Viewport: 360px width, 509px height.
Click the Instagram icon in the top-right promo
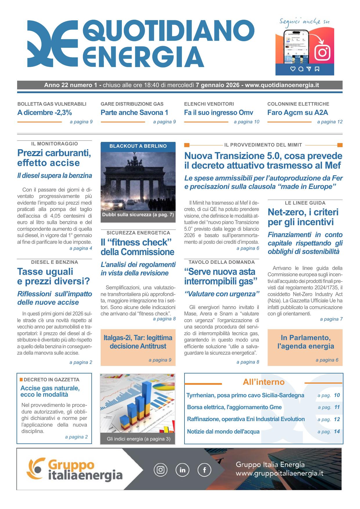coord(323,52)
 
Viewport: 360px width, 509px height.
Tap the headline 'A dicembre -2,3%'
coord(45,113)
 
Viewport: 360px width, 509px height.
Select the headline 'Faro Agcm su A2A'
coord(298,113)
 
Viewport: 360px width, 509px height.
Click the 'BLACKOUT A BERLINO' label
coord(138,146)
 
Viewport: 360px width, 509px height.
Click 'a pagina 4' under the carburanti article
coord(81,248)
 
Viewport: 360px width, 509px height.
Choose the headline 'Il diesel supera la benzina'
coord(55,176)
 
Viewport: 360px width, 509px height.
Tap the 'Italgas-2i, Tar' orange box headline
coord(138,342)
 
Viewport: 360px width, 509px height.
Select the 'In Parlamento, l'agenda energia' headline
coord(305,342)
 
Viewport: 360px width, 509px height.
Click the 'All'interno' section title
coord(263,382)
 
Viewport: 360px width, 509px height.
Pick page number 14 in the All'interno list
coord(337,432)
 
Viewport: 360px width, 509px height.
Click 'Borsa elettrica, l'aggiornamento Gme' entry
coord(234,407)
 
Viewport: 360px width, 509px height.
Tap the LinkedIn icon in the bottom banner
coord(182,470)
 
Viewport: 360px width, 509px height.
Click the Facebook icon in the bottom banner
coord(204,470)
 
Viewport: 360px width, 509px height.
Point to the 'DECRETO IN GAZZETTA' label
coord(51,380)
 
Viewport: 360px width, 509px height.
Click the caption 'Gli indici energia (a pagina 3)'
coord(138,439)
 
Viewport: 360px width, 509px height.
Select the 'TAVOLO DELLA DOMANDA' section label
coord(222,262)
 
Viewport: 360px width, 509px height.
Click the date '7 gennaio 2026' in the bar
coord(218,85)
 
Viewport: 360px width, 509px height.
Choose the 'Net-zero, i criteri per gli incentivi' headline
coord(303,217)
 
